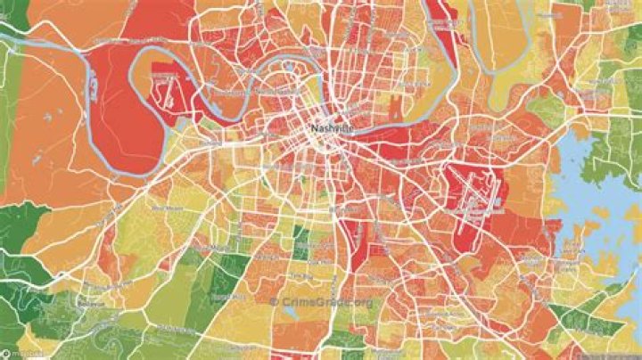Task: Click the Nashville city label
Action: (332, 128)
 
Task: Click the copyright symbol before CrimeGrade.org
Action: (273, 301)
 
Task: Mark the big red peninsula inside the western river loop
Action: (116, 107)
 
